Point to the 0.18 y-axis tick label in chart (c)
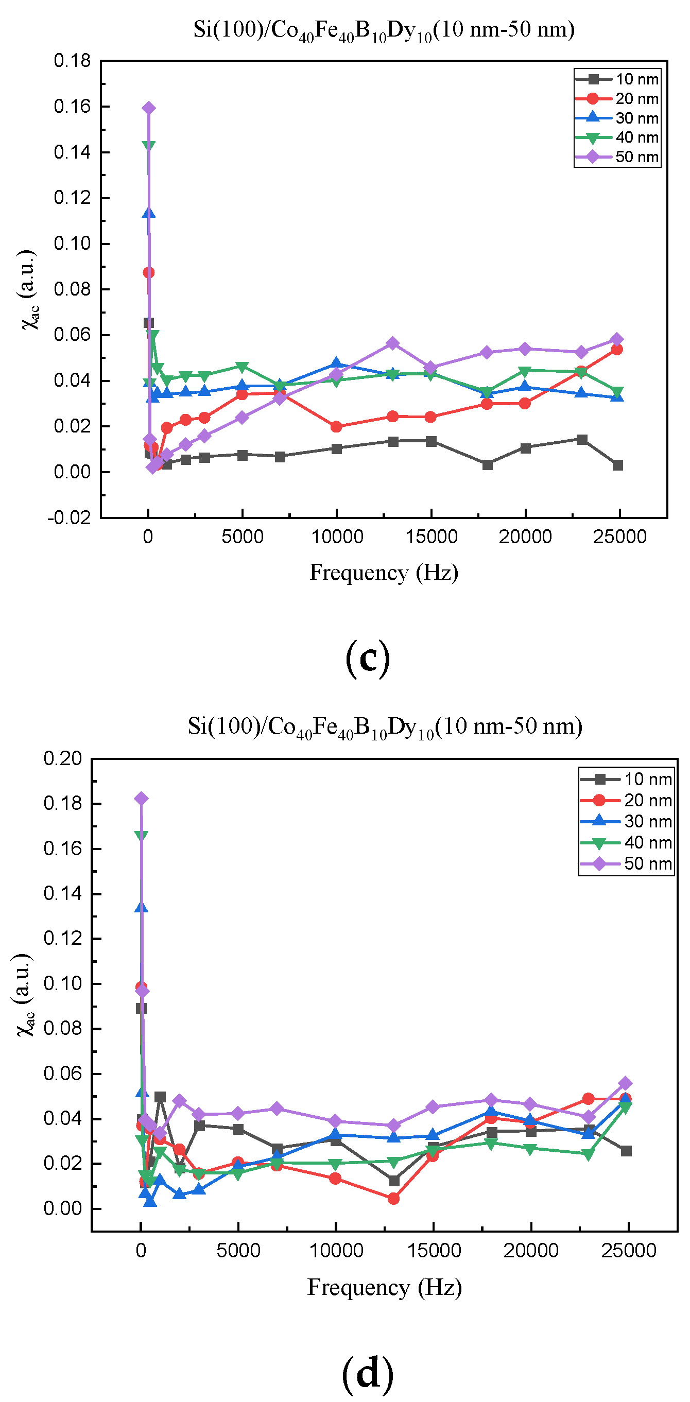[72, 60]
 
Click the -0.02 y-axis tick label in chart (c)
[70, 517]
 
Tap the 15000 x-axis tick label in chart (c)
[431, 536]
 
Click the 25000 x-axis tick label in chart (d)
[628, 1250]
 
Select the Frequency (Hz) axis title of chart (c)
[384, 573]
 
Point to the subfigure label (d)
[367, 1372]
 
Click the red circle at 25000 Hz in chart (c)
[616, 349]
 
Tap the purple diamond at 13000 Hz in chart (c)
[392, 343]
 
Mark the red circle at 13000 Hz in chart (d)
[393, 1198]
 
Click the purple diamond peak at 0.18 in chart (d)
[141, 799]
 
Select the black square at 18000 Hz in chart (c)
[488, 464]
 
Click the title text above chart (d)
[385, 726]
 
